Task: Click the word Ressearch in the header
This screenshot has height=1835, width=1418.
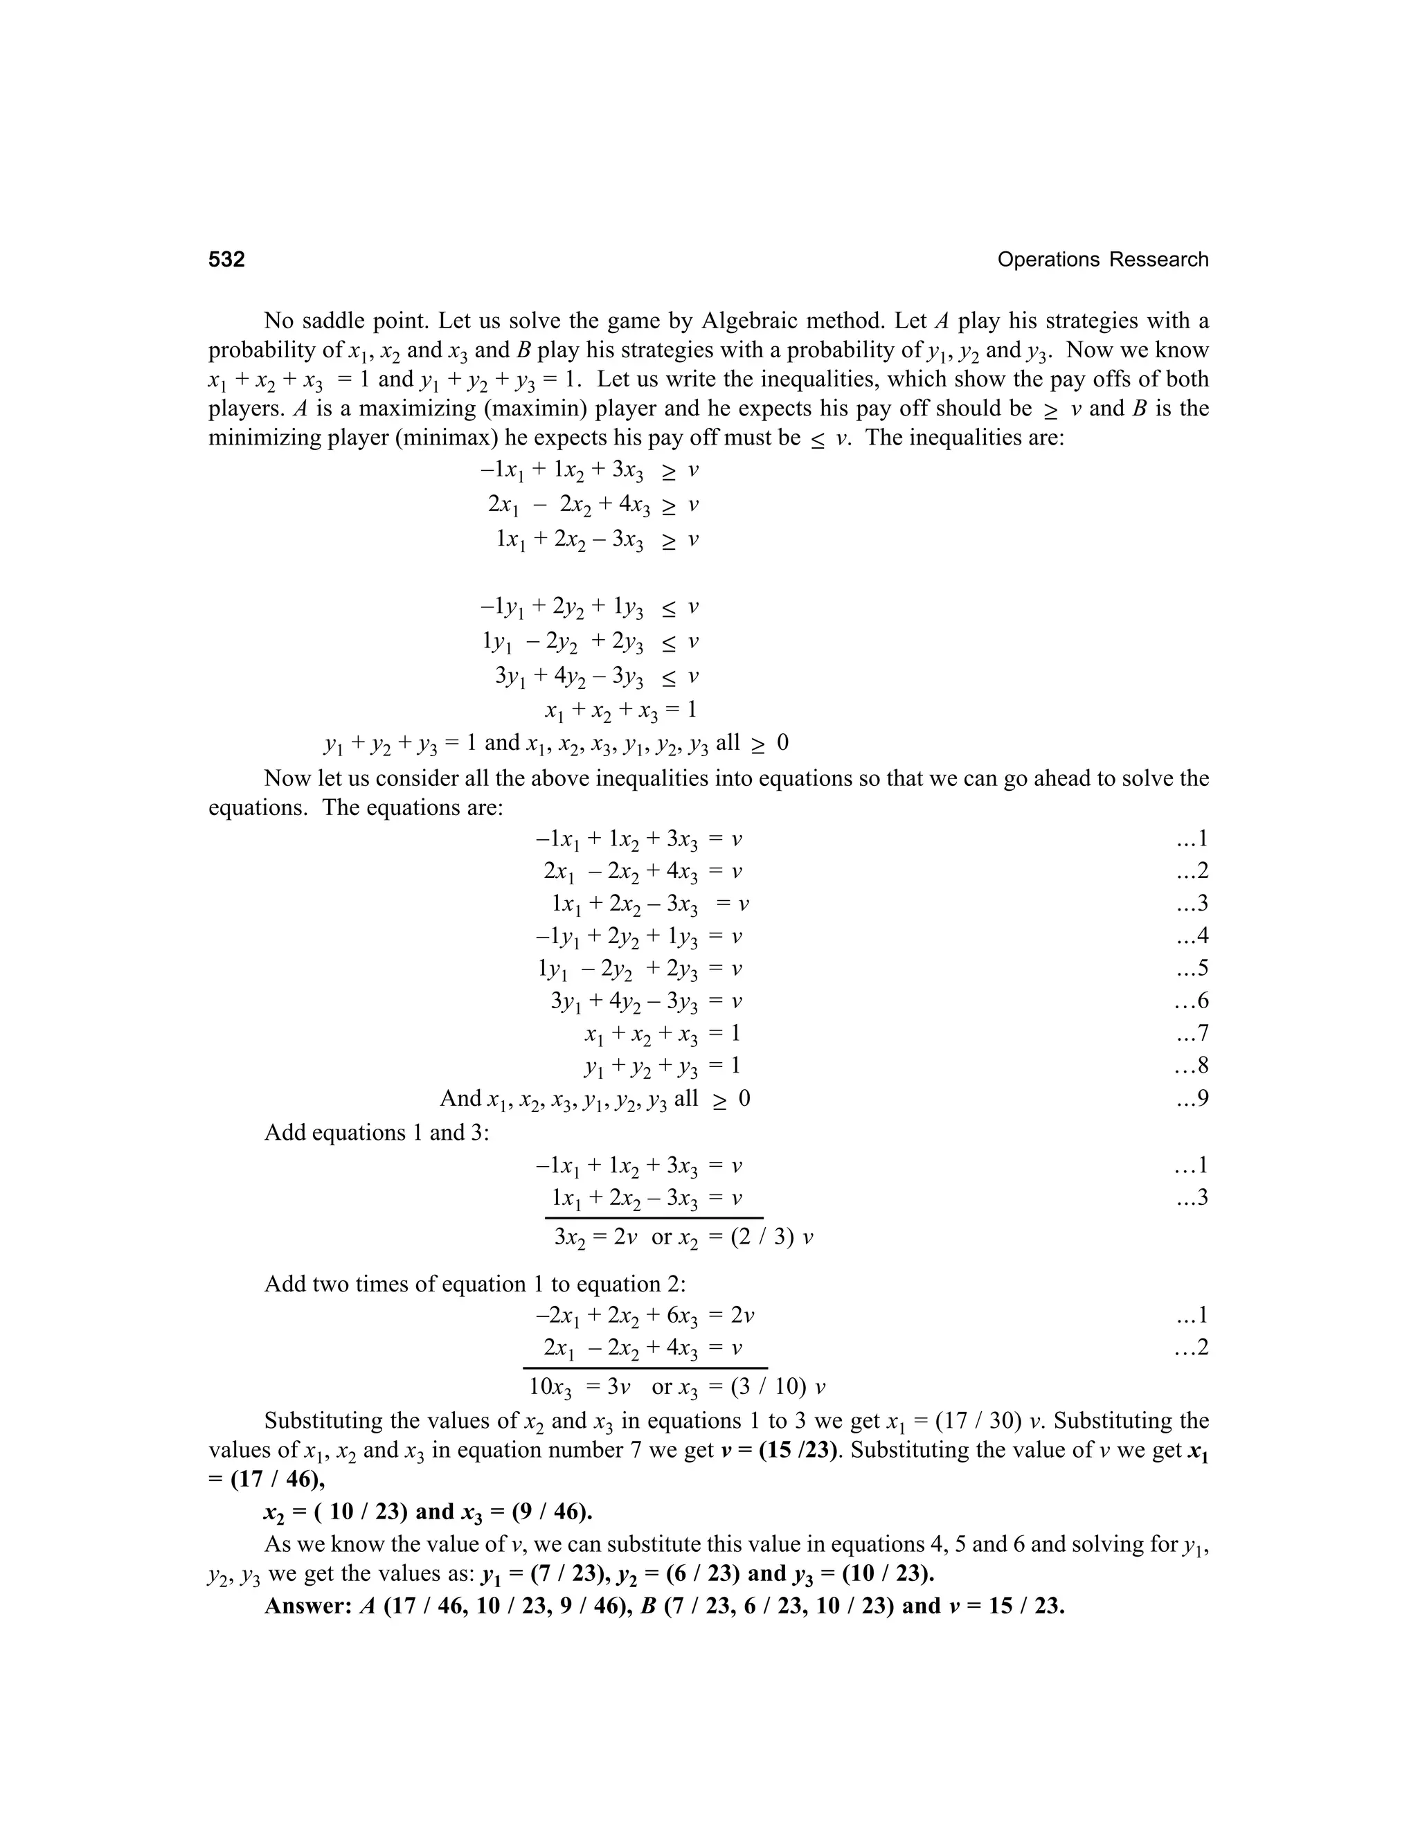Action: (x=1158, y=260)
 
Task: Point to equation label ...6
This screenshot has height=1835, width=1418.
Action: (x=1190, y=1001)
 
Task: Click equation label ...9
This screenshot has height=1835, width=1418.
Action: (x=1190, y=1098)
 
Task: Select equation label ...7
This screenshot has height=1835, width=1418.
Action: (x=1190, y=1033)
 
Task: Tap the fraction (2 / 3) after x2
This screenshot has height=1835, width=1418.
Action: (x=764, y=1237)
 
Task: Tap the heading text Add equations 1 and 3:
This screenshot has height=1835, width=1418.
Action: (x=377, y=1133)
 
